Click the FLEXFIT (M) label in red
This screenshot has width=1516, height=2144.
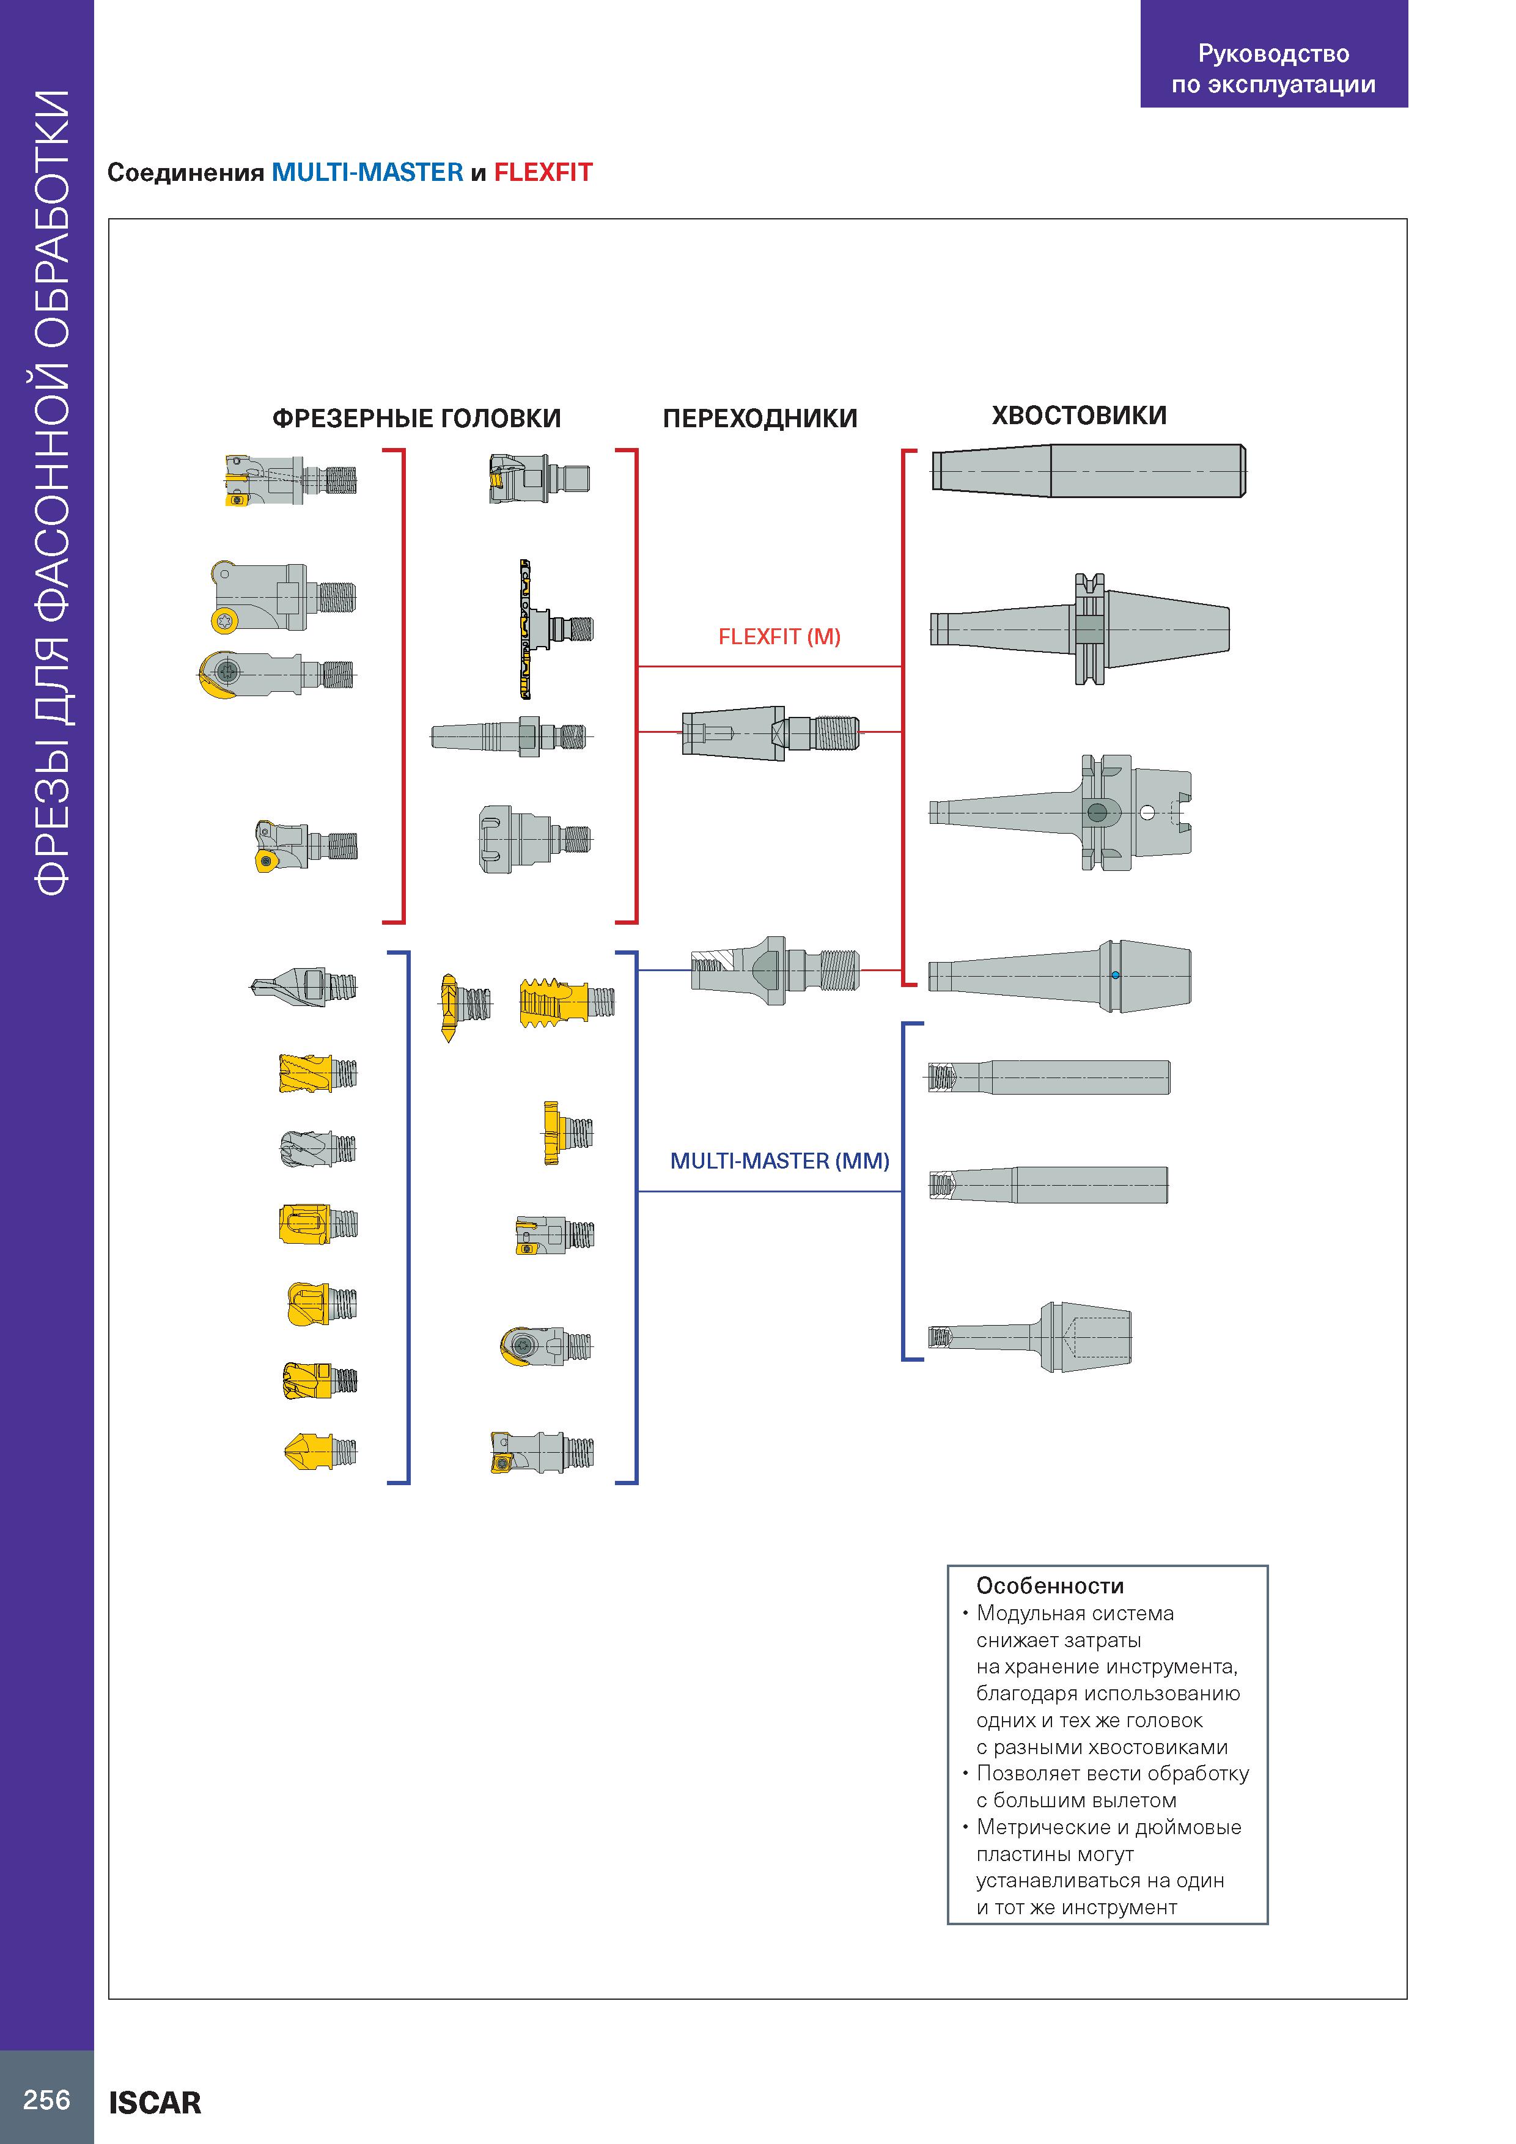[779, 637]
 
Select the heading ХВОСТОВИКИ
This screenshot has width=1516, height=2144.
[1079, 416]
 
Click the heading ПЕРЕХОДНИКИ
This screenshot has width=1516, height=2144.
[759, 418]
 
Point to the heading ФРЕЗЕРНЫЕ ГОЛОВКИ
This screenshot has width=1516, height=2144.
[417, 418]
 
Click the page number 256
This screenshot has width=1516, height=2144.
[46, 2100]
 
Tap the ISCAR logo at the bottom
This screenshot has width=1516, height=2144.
[155, 2103]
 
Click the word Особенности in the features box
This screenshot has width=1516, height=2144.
[1050, 1585]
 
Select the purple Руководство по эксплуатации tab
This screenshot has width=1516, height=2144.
[1274, 54]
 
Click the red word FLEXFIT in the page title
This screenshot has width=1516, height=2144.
[543, 173]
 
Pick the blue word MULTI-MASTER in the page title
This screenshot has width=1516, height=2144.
[367, 173]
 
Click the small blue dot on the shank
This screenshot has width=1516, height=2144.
[1115, 976]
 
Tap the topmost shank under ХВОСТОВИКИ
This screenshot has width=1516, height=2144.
[1088, 471]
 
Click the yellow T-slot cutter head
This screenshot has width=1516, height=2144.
[567, 1133]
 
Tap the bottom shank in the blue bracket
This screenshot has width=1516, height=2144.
[1029, 1336]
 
